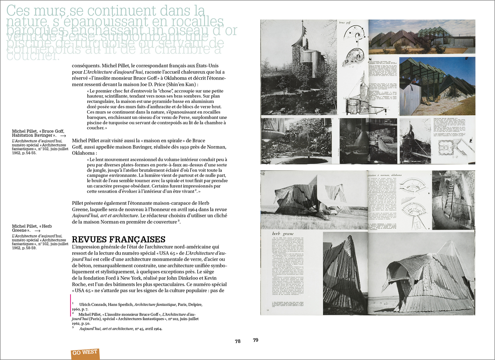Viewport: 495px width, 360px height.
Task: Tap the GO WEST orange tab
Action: [x=85, y=353]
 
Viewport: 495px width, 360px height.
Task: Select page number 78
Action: [x=238, y=341]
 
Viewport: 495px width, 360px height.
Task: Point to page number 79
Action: [x=256, y=340]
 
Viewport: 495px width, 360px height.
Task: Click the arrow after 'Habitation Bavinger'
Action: [x=63, y=136]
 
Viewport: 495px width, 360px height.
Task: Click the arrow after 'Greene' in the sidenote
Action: [x=37, y=231]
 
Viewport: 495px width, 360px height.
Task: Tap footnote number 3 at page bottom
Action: [x=72, y=327]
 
